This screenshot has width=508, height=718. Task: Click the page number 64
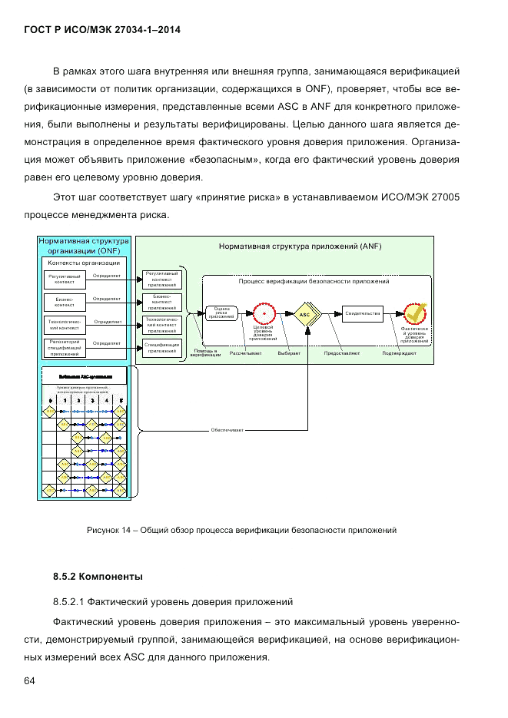[30, 681]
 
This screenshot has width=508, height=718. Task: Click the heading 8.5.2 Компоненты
[98, 576]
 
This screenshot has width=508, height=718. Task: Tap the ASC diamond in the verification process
[305, 314]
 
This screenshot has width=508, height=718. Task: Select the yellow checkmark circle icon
[415, 313]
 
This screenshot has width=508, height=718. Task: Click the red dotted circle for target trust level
[264, 314]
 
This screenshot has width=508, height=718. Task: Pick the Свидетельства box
[363, 314]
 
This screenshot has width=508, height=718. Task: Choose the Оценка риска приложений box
[221, 313]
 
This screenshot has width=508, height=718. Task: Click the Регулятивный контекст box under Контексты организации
[65, 279]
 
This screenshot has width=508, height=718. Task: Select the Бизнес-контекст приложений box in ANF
[161, 301]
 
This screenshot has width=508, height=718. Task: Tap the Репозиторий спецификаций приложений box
[65, 347]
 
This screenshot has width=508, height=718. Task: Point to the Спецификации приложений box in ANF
[161, 348]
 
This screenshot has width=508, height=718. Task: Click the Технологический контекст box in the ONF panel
[65, 324]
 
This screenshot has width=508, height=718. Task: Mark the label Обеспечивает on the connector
[227, 430]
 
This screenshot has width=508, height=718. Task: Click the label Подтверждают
[400, 353]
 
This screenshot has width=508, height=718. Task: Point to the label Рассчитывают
[246, 353]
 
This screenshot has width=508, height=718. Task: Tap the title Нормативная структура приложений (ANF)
[300, 247]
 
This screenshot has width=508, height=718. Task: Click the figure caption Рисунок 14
[241, 530]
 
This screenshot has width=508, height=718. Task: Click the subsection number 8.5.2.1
[71, 601]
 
